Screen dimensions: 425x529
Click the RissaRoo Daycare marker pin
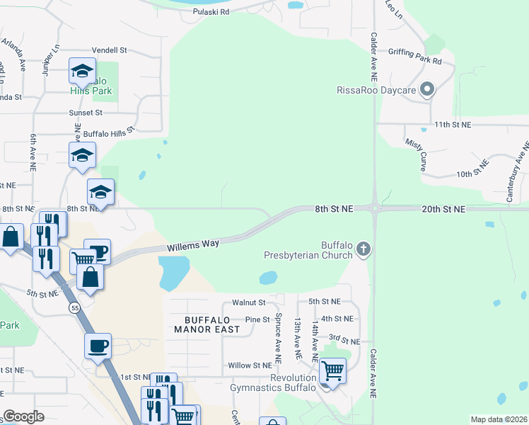click(x=426, y=90)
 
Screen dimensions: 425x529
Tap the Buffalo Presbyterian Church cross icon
click(x=364, y=249)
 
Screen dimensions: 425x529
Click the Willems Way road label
click(x=193, y=246)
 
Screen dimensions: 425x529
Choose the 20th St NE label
click(x=443, y=209)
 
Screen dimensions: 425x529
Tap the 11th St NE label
click(x=452, y=125)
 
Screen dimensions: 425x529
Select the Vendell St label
click(x=109, y=51)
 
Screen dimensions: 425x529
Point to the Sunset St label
click(x=86, y=113)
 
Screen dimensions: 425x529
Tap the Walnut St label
click(x=248, y=302)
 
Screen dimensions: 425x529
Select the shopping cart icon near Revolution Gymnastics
click(x=332, y=370)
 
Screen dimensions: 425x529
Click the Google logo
click(x=24, y=416)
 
